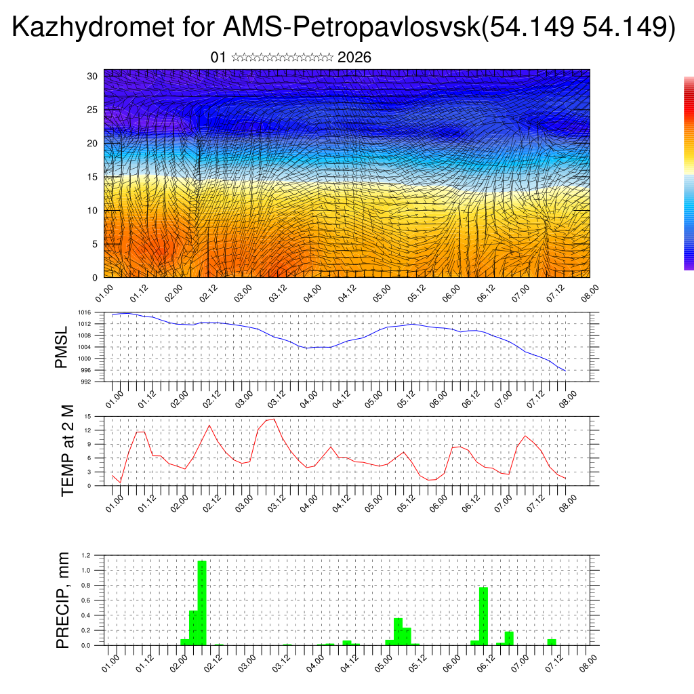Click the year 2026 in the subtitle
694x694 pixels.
354,58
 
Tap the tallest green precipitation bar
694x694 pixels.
201,603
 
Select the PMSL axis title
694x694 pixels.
62,346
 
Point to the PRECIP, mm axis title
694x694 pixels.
63,600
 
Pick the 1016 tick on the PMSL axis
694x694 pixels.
84,312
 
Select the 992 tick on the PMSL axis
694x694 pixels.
85,382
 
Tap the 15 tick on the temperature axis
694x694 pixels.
88,417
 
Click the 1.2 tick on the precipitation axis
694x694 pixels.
86,555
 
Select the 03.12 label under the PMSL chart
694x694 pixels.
276,399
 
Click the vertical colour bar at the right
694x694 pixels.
689,173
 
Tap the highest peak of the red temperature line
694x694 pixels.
273,419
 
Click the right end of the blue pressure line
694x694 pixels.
565,371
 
